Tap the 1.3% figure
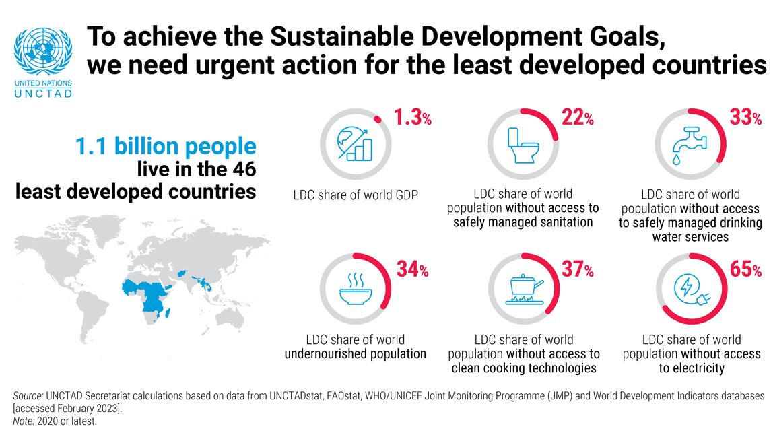[411, 118]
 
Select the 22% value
[577, 118]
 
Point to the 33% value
[745, 118]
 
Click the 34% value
[411, 270]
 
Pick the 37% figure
[577, 270]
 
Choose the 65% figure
[745, 270]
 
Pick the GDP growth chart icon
[354, 143]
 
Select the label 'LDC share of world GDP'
[356, 195]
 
